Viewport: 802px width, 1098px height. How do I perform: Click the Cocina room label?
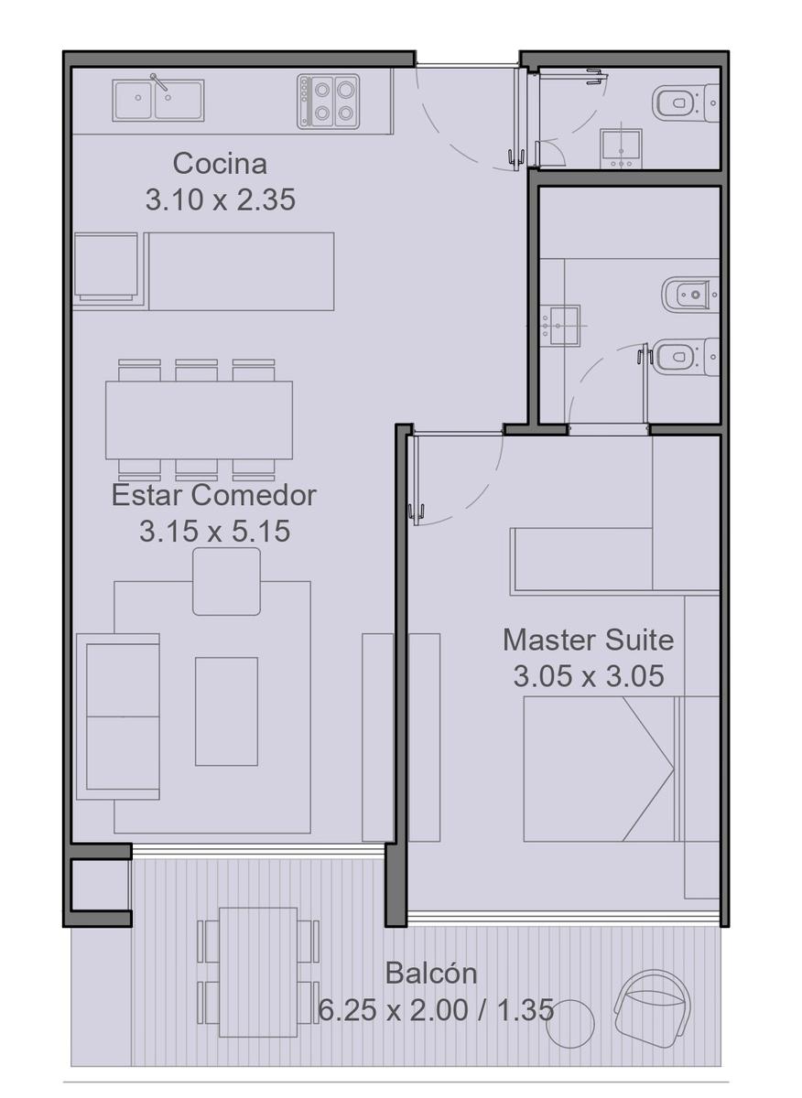point(220,164)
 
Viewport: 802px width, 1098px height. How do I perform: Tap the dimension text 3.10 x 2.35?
point(221,199)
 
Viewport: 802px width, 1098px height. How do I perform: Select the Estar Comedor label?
point(214,495)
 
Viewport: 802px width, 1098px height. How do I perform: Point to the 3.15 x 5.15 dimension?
point(214,531)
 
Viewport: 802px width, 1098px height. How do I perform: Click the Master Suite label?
point(588,640)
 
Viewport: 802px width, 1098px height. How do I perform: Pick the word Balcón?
point(431,973)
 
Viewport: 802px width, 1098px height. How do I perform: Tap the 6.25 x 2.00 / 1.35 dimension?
point(436,1009)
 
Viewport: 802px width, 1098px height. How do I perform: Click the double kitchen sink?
point(158,101)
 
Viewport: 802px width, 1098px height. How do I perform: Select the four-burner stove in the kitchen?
point(328,102)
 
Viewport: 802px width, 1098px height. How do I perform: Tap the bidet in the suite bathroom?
point(690,295)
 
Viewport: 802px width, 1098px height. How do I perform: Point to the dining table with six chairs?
point(199,420)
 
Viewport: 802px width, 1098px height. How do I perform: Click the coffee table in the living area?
point(227,711)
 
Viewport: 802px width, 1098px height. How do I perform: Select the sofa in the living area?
point(118,716)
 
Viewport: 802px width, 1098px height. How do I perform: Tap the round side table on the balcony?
point(570,1010)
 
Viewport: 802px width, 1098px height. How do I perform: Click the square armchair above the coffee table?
point(227,581)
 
